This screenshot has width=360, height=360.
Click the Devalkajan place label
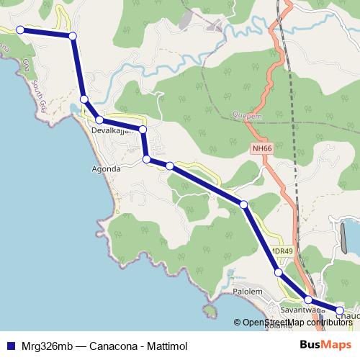114,132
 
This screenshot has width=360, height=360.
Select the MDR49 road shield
282,251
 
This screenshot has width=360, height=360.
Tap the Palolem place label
250,292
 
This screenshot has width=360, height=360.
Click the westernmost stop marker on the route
20,30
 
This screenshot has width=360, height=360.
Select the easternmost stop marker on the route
340,311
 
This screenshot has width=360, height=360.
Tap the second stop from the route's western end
72,36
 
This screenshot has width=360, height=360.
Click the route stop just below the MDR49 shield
278,272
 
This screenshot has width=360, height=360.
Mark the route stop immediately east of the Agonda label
146,159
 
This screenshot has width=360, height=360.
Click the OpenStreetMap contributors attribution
294,323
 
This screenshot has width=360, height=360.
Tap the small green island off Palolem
210,311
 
